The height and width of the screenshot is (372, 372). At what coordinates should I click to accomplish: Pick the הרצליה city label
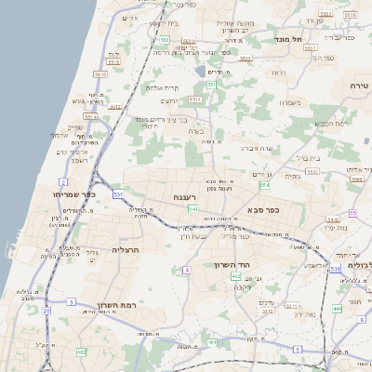pyautogui.click(x=125, y=250)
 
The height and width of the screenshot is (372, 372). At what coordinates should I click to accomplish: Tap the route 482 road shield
pyautogui.click(x=82, y=352)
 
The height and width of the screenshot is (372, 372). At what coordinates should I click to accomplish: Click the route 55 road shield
pyautogui.click(x=353, y=214)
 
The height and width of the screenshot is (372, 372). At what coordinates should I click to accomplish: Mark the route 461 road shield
pyautogui.click(x=212, y=342)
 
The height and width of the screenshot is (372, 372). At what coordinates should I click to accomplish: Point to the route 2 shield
pyautogui.click(x=63, y=180)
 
